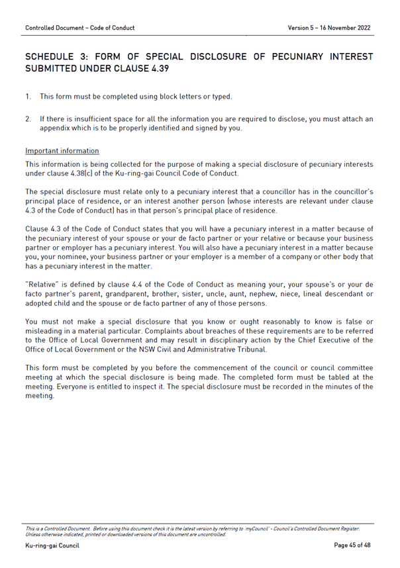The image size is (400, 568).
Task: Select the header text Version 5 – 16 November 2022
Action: (x=329, y=28)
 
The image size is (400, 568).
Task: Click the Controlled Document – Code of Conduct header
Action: (x=79, y=28)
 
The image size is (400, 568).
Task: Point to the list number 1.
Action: (x=28, y=97)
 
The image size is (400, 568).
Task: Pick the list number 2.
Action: (x=28, y=119)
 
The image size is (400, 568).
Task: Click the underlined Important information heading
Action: (x=62, y=151)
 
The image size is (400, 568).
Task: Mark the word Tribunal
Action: (x=250, y=348)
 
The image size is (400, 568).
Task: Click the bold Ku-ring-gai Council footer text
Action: (x=52, y=546)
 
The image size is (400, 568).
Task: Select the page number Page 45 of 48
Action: (x=352, y=546)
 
